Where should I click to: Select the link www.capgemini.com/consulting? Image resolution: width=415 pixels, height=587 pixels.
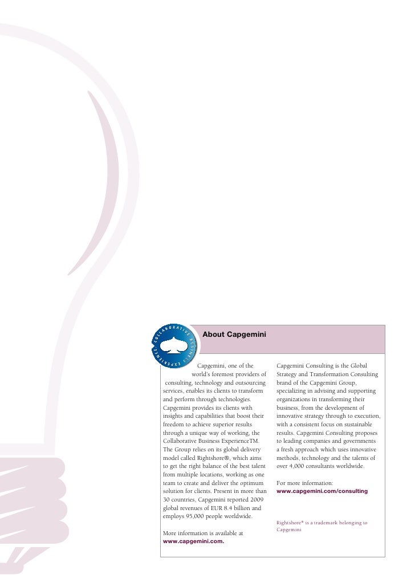click(322, 491)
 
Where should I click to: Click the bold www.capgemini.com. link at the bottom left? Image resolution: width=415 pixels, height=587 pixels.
click(193, 542)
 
